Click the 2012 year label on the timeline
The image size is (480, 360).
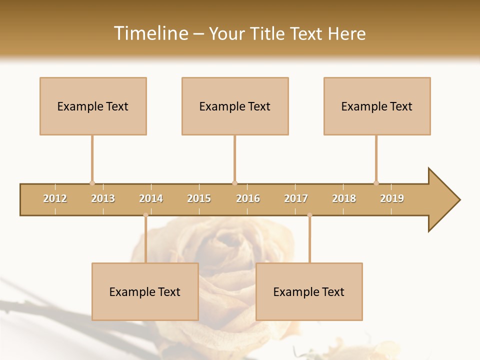pyautogui.click(x=55, y=199)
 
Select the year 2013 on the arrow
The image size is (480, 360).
pyautogui.click(x=103, y=199)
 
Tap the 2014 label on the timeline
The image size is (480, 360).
pyautogui.click(x=151, y=199)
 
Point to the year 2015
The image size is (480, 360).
pyautogui.click(x=199, y=199)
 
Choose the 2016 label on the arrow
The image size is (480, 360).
pyautogui.click(x=248, y=199)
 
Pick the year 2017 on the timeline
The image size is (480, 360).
pyautogui.click(x=296, y=199)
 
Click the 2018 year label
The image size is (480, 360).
pyautogui.click(x=344, y=199)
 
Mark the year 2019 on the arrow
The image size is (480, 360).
pyautogui.click(x=392, y=199)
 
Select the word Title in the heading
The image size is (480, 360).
pyautogui.click(x=267, y=33)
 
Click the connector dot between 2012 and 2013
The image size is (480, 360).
pyautogui.click(x=92, y=183)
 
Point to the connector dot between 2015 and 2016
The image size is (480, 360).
pyautogui.click(x=234, y=183)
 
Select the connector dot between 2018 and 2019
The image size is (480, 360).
pyautogui.click(x=376, y=183)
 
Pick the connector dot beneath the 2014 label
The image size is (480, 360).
pyautogui.click(x=145, y=215)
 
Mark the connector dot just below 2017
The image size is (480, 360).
pyautogui.click(x=309, y=215)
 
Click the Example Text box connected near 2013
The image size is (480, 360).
pyautogui.click(x=93, y=106)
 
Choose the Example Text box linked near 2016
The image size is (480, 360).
pyautogui.click(x=235, y=106)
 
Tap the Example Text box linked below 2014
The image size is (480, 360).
pyautogui.click(x=145, y=291)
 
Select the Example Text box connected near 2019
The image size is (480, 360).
pyautogui.click(x=377, y=106)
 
